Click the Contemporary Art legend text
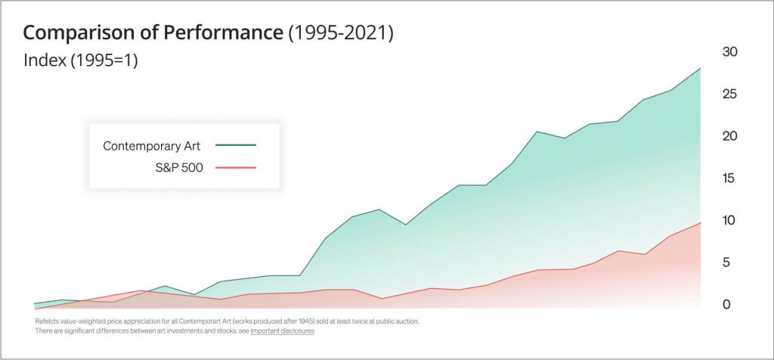click(152, 145)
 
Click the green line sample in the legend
click(236, 144)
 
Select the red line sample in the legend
click(236, 166)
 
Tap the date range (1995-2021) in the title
click(341, 33)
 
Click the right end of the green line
click(700, 69)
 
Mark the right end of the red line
click(700, 222)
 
